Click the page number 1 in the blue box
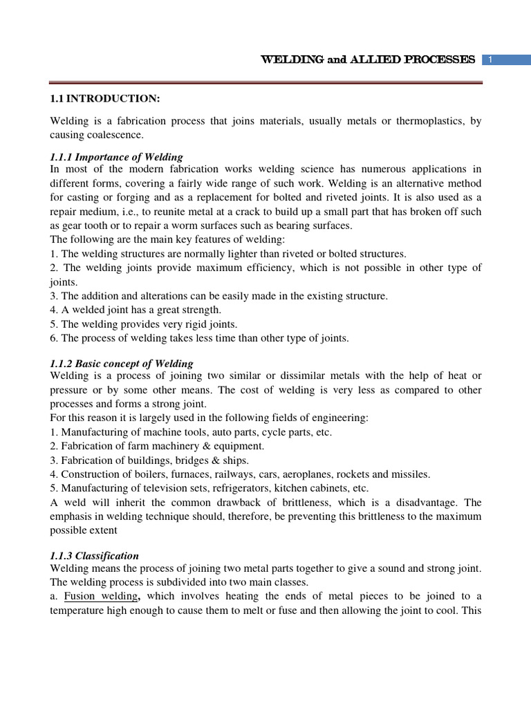pos(490,60)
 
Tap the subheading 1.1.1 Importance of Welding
pos(116,157)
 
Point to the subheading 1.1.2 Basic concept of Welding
pos(122,363)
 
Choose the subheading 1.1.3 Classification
pos(95,555)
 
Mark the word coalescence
pos(111,135)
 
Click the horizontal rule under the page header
pos(265,82)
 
